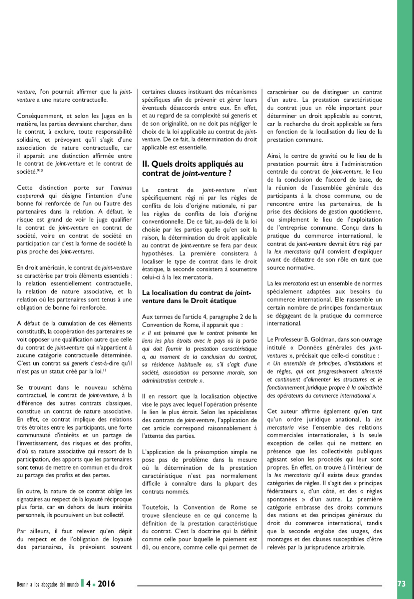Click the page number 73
pos(401,584)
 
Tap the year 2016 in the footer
pos(106,584)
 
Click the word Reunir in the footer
pos(23,584)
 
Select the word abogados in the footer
pos(53,584)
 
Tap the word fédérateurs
pos(282,491)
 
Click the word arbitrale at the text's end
pos(352,547)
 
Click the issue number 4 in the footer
pos(89,584)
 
